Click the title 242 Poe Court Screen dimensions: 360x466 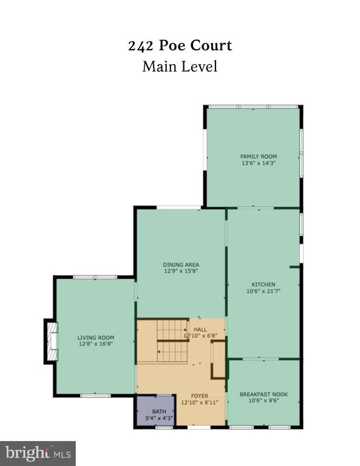(x=180, y=46)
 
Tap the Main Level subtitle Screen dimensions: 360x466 (x=180, y=66)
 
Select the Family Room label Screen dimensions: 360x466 (x=259, y=157)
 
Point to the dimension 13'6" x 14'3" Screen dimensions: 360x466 (x=259, y=163)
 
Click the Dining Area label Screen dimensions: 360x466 (x=181, y=265)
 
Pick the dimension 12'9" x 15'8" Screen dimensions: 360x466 (x=181, y=271)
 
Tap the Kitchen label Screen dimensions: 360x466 (x=263, y=285)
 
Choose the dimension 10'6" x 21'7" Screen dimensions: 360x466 (x=263, y=291)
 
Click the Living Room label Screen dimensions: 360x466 (x=96, y=337)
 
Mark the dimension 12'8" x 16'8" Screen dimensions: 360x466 (x=96, y=344)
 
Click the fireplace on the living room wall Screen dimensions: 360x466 (x=51, y=341)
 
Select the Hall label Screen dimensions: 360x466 (x=200, y=329)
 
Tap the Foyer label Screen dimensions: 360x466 (x=200, y=396)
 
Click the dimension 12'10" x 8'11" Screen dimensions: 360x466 (x=200, y=402)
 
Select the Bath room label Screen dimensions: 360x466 (x=159, y=411)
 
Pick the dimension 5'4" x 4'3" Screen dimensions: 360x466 (x=159, y=418)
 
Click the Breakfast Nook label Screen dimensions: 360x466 (x=263, y=394)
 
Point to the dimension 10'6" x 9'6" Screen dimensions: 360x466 (x=263, y=400)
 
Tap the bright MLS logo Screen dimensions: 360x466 (x=38, y=453)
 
